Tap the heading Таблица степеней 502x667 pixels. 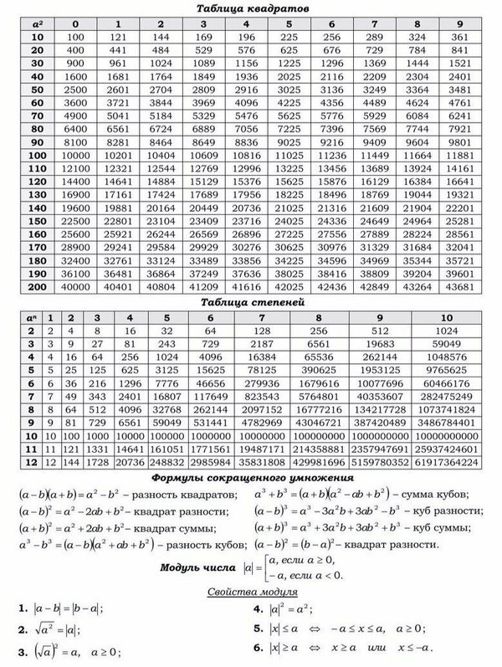point(252,302)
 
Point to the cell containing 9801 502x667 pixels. point(464,143)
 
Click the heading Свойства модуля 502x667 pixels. point(252,593)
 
